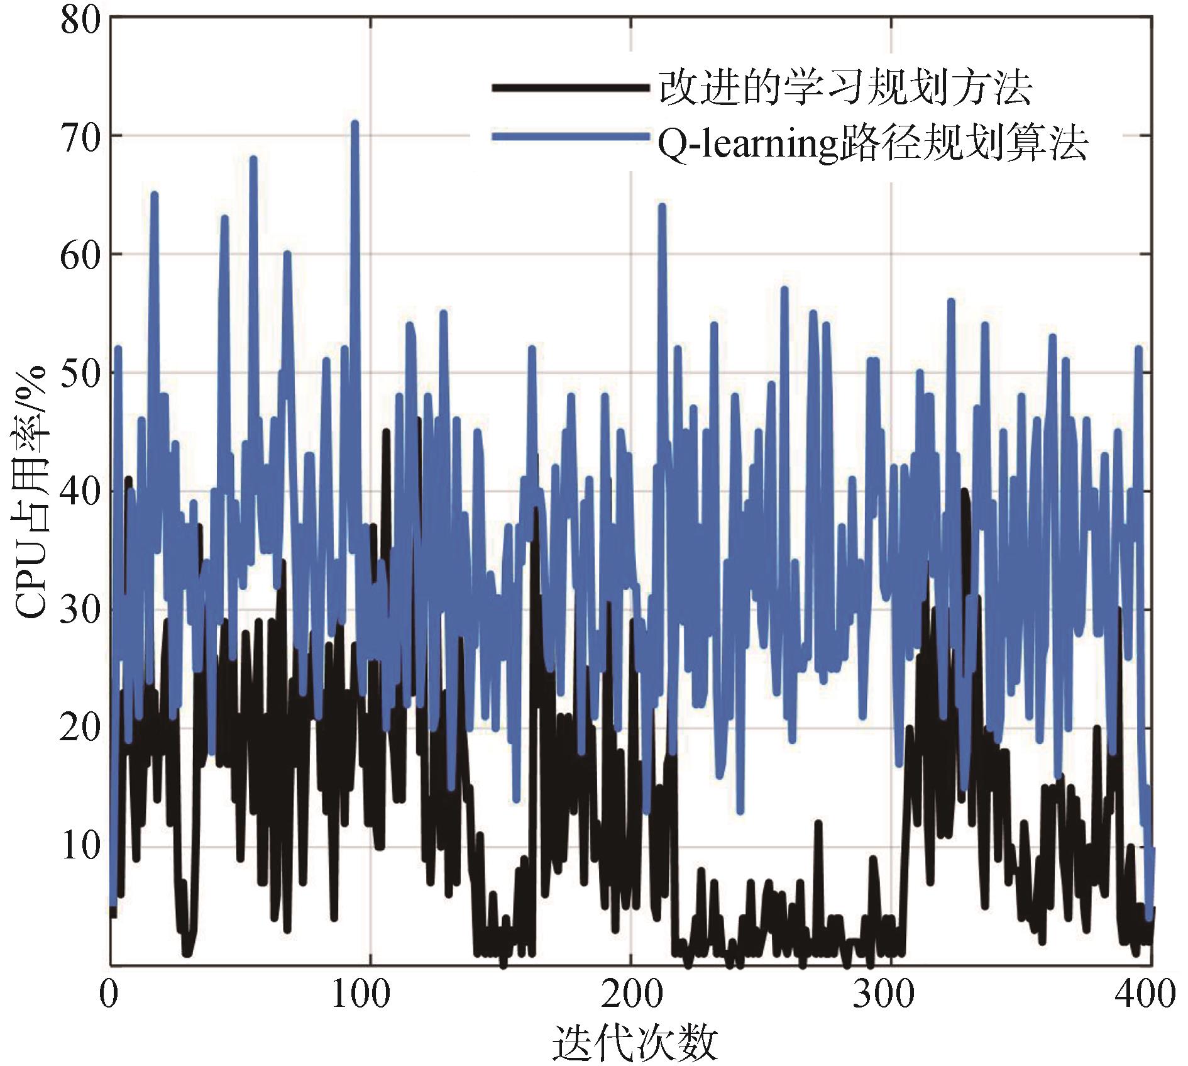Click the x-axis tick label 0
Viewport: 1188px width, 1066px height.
pos(110,994)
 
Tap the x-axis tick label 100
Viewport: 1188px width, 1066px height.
pos(370,994)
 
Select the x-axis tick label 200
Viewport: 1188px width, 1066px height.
pos(630,994)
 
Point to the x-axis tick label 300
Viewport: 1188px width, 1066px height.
pos(891,994)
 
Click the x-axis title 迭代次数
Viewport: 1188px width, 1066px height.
pos(635,1042)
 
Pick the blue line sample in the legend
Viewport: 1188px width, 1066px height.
pos(569,138)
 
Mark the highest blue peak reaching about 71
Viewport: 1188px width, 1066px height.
pos(355,123)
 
